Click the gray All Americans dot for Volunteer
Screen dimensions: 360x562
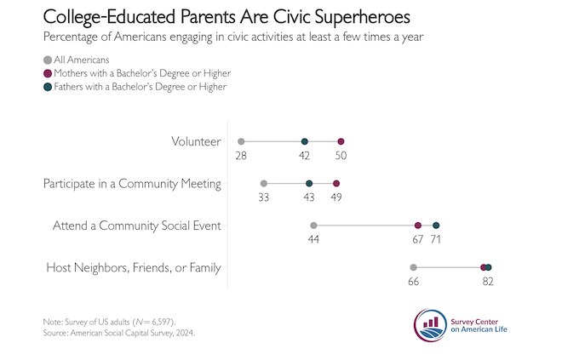tap(242, 141)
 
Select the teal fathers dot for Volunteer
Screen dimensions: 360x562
tap(304, 141)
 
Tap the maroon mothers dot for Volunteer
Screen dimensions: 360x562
tap(341, 141)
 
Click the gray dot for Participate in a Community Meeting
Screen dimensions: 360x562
tap(264, 183)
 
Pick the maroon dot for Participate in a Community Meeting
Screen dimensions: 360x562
tap(336, 183)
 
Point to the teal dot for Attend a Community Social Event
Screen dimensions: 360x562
tap(436, 226)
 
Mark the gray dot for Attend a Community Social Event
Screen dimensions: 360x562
tap(313, 226)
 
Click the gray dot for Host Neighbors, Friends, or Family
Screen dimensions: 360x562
tap(413, 267)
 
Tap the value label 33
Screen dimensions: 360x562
tap(264, 197)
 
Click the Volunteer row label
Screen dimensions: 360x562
tap(196, 141)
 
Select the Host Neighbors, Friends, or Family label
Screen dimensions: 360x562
tap(132, 268)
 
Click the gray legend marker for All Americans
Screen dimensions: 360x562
tap(47, 60)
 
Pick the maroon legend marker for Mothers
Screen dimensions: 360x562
tap(47, 73)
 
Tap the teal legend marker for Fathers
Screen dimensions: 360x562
tap(47, 86)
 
